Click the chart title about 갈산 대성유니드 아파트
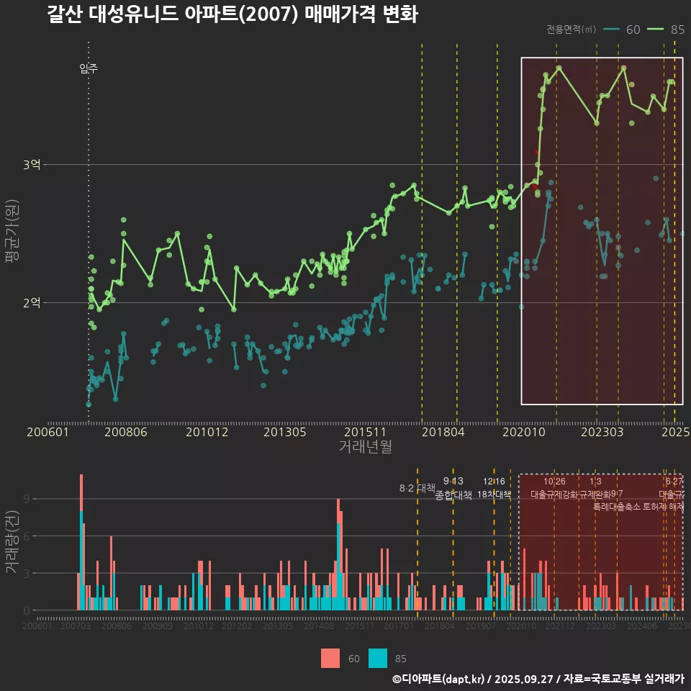[232, 14]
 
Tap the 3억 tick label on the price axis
[31, 165]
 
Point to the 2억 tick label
[31, 302]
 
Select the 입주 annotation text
[89, 69]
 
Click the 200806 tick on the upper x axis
[126, 432]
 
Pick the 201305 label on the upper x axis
[285, 432]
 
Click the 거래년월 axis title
[365, 447]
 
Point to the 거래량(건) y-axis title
[12, 542]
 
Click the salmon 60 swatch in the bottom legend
[330, 658]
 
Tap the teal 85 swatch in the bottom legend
[377, 658]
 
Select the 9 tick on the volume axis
[26, 499]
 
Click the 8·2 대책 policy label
[422, 488]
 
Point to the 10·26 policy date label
[554, 482]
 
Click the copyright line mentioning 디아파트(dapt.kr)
[538, 679]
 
